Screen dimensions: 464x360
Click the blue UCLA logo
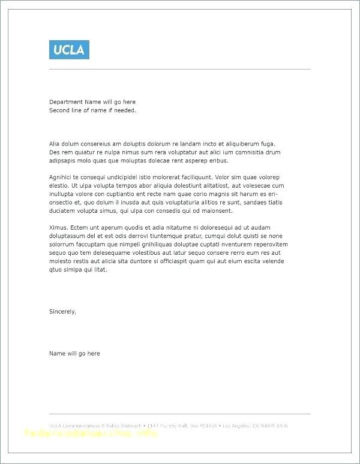click(69, 49)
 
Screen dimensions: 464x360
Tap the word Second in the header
click(59, 110)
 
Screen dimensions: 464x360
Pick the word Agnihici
click(61, 177)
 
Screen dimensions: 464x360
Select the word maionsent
click(218, 211)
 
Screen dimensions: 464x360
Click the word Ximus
click(59, 228)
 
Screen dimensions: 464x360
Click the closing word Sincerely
click(62, 311)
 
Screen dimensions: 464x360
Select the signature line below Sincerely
click(74, 354)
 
